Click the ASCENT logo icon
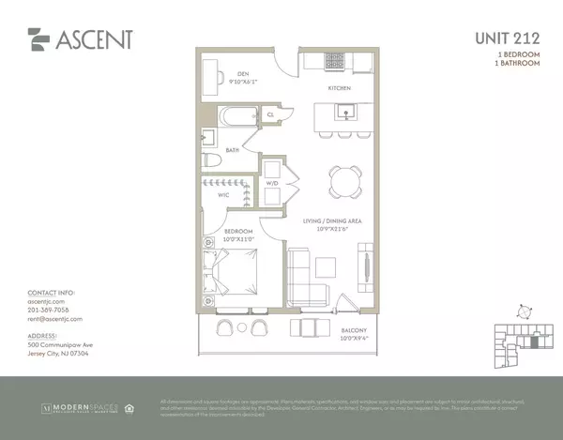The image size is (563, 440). pos(38,38)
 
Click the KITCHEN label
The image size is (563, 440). pos(339,87)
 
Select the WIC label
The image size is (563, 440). pos(224,195)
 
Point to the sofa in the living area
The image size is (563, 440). pos(308,277)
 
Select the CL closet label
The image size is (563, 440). pos(269,114)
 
